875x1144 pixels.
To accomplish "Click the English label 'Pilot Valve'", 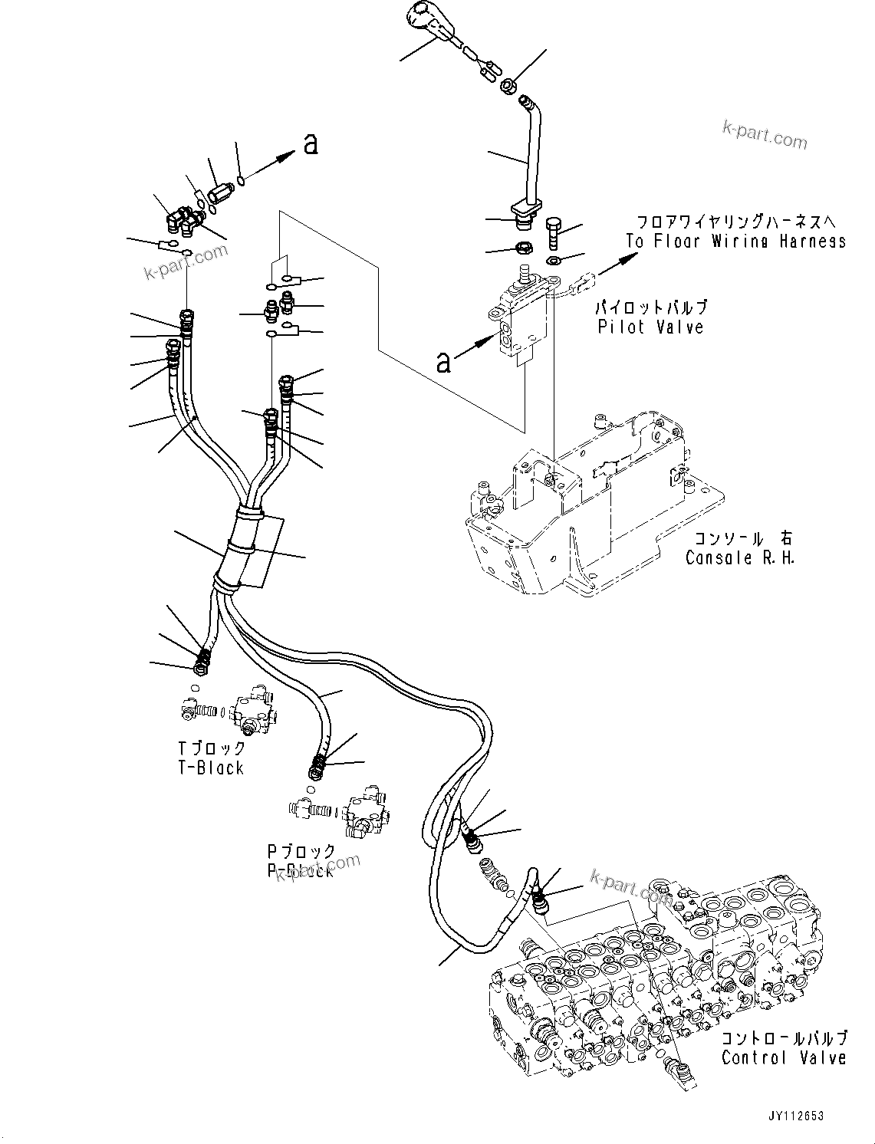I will pos(650,327).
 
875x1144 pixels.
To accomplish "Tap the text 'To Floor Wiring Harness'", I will pos(735,242).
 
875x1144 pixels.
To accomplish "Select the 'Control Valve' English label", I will pos(784,1058).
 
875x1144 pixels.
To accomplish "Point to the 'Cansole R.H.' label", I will pos(740,557).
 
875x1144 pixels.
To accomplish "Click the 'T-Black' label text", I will pos(210,768).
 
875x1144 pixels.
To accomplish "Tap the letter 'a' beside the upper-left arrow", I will pos(311,143).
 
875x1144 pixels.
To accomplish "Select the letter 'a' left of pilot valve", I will pos(443,361).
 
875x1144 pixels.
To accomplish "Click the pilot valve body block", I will pos(521,322).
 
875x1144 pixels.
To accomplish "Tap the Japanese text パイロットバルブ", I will pos(651,307).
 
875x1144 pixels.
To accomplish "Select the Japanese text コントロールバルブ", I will pos(784,1039).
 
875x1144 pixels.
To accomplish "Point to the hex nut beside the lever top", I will pos(507,87).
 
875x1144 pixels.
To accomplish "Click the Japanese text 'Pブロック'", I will pos(301,851).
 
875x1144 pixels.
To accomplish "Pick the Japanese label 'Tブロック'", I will pos(212,748).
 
